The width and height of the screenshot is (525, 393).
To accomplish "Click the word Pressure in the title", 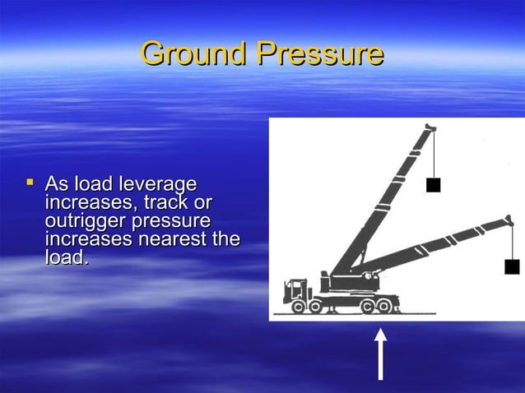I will [320, 53].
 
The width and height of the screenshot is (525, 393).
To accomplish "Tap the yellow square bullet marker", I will [30, 179].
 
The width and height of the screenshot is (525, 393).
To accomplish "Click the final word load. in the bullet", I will [66, 258].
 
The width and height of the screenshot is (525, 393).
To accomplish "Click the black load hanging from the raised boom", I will [433, 185].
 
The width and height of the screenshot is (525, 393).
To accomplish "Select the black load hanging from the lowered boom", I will [512, 266].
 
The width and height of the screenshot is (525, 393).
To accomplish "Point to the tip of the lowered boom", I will [508, 220].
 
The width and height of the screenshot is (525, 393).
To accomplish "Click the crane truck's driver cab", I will [295, 290].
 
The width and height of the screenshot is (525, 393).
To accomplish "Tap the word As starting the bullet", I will [58, 183].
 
